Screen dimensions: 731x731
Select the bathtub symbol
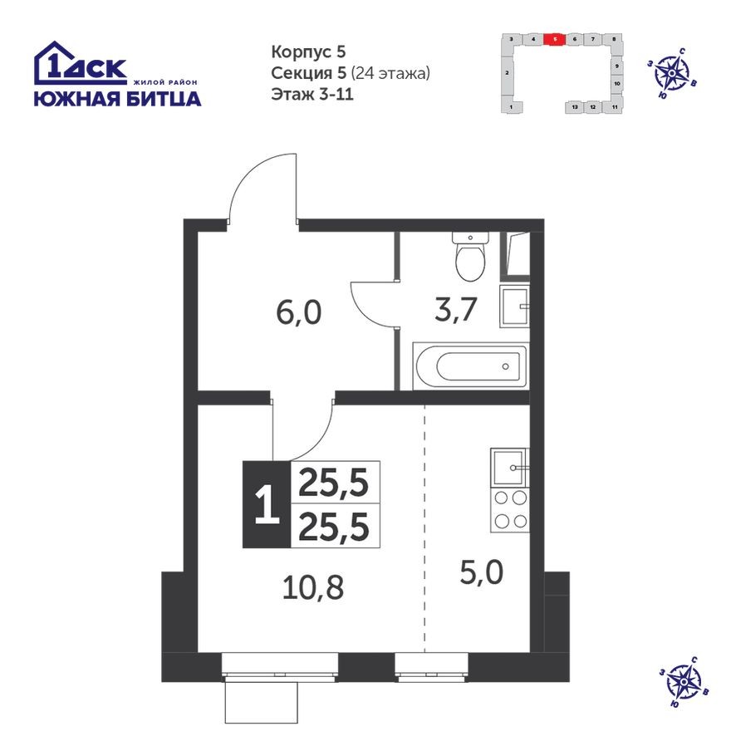pyautogui.click(x=469, y=366)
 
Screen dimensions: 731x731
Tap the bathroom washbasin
pyautogui.click(x=514, y=307)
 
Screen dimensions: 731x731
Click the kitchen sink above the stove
pyautogui.click(x=508, y=467)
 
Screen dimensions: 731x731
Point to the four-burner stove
pyautogui.click(x=509, y=510)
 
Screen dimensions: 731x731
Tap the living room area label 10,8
pyautogui.click(x=312, y=590)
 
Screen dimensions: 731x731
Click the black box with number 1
pyautogui.click(x=265, y=504)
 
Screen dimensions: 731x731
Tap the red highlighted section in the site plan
pyautogui.click(x=555, y=39)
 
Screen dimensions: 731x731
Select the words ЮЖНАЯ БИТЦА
pyautogui.click(x=116, y=100)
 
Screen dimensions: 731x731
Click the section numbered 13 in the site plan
pyautogui.click(x=575, y=107)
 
